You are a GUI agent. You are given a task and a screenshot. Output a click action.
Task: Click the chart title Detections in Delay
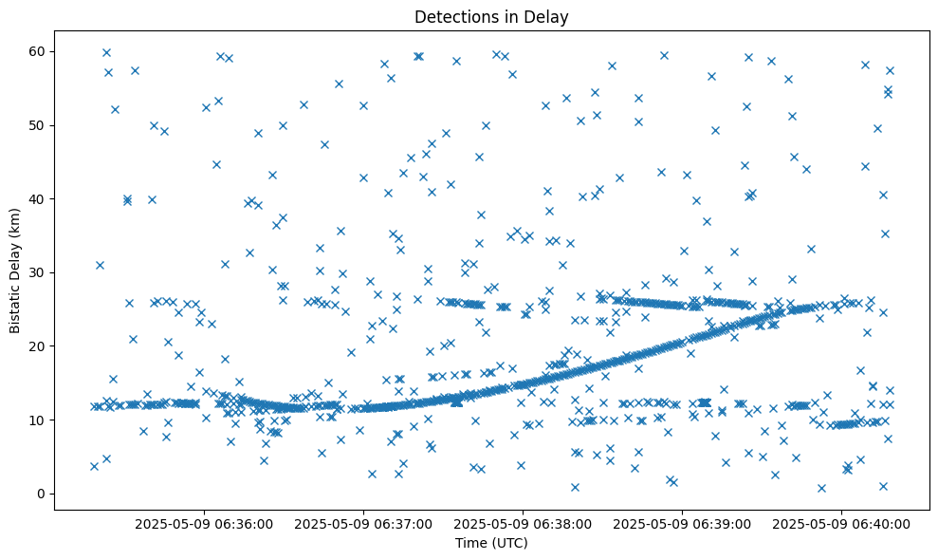click(x=491, y=16)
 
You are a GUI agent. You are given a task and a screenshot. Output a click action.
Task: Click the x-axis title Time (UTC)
click(x=491, y=544)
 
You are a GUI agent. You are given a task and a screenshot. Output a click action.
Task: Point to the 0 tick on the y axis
click(x=41, y=494)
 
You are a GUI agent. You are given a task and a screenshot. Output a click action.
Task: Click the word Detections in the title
click(x=452, y=16)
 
